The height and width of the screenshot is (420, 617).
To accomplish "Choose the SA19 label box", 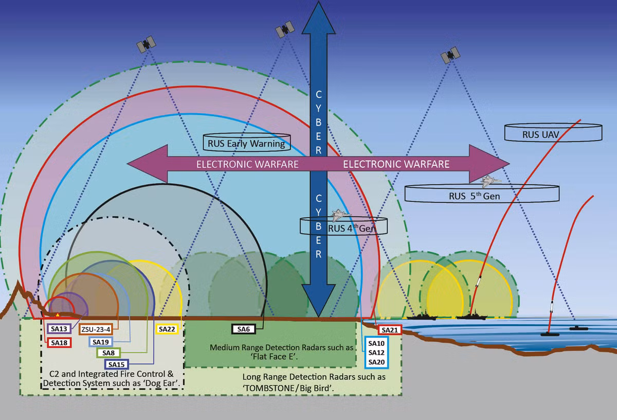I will click(101, 341).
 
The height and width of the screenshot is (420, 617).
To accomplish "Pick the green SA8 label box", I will click(108, 353).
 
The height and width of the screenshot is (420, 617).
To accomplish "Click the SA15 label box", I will click(116, 364).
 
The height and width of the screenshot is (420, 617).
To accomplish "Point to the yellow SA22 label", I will click(167, 329).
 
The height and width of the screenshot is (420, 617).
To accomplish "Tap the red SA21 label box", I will click(389, 330).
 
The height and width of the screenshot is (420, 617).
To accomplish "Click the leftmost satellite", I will click(146, 44).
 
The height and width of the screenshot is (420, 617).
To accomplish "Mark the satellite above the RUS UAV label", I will click(451, 54).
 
